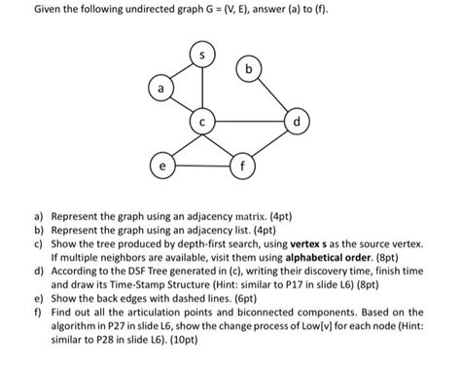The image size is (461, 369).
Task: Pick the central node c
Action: pos(203,124)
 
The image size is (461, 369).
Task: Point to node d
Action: pos(297,124)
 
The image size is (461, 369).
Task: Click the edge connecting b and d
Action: pos(274,98)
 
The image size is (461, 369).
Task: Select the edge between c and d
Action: pos(250,124)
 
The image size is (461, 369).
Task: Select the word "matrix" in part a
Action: pos(283,210)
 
